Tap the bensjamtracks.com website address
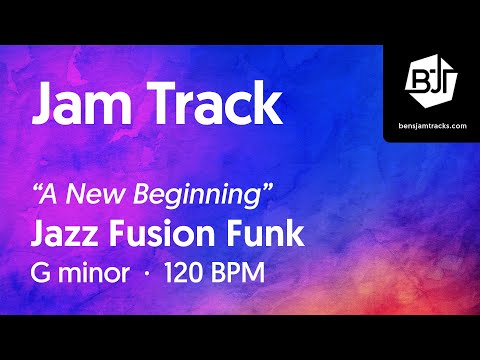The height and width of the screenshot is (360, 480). point(431,126)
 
